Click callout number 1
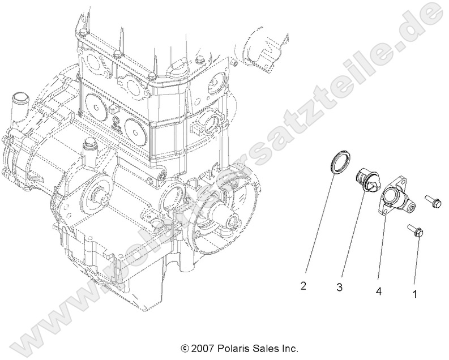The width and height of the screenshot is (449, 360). pyautogui.click(x=414, y=294)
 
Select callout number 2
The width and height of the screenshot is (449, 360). pyautogui.click(x=303, y=286)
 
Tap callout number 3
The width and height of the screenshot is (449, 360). pyautogui.click(x=340, y=288)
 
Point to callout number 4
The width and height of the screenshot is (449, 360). pyautogui.click(x=378, y=291)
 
